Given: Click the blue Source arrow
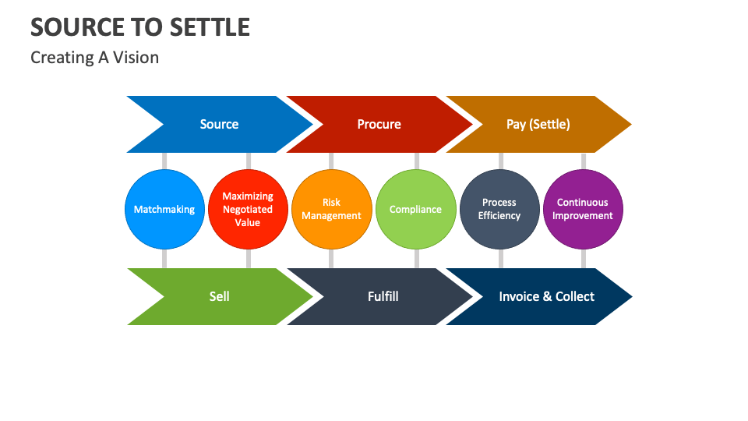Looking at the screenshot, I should click(219, 125).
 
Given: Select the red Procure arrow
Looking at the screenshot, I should click(379, 125).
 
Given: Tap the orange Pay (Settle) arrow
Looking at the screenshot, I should click(538, 125).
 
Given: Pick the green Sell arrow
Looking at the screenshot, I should click(219, 296).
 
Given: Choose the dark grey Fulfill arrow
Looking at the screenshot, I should click(383, 296).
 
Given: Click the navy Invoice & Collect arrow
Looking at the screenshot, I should click(545, 296).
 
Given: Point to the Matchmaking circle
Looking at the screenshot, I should click(164, 209).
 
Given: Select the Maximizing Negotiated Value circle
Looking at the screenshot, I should click(248, 209).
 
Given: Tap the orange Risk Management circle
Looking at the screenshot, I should click(331, 209).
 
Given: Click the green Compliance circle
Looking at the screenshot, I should click(415, 209).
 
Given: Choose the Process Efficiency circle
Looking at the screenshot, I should click(499, 209).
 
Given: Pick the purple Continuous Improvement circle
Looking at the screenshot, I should click(583, 209).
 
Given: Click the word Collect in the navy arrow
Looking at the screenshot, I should click(574, 296).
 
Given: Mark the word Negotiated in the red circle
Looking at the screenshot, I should click(248, 209).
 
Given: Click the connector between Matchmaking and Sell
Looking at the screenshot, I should click(164, 258).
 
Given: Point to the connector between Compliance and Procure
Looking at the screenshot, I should click(416, 161).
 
